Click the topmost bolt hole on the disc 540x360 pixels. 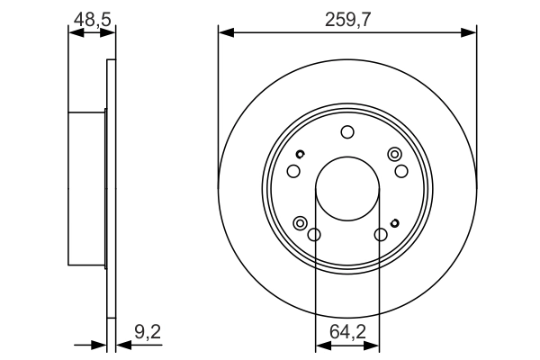(x=347, y=133)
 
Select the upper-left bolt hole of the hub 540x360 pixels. (x=292, y=172)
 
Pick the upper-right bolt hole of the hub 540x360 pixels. (x=401, y=172)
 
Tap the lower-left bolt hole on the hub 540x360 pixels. (x=314, y=236)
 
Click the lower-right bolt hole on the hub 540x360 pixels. (x=381, y=236)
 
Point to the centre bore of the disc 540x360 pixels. (x=347, y=191)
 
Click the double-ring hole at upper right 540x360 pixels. (x=393, y=155)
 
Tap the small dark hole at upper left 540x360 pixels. (x=301, y=154)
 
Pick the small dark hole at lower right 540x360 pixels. (x=394, y=222)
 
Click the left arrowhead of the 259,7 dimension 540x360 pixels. (x=224, y=33)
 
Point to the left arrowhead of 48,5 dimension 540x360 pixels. (x=74, y=33)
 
